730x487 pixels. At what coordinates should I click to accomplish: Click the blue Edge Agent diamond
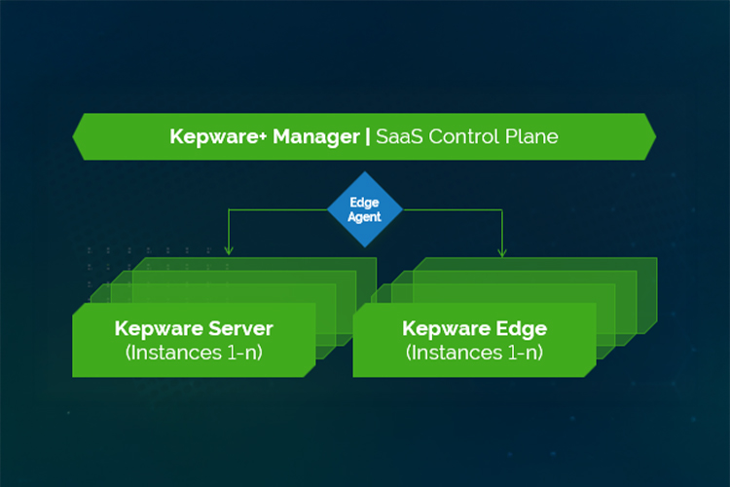(365, 209)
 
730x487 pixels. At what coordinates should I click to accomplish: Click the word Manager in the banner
(317, 136)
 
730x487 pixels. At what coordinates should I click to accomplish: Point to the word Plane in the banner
(531, 136)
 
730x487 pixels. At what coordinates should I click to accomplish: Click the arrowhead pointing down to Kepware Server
(227, 252)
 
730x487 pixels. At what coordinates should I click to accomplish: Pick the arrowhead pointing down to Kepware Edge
(502, 252)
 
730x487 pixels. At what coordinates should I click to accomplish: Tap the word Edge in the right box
(518, 328)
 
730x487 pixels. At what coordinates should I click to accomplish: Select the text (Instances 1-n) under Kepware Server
(194, 352)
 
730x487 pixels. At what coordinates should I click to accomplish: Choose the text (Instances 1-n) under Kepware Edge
(474, 352)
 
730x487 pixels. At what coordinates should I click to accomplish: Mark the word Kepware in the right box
(442, 328)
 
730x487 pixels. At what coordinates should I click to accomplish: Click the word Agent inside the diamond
(365, 217)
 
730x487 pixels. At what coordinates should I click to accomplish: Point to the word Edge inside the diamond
(365, 203)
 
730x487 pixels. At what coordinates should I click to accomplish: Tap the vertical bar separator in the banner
(367, 136)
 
